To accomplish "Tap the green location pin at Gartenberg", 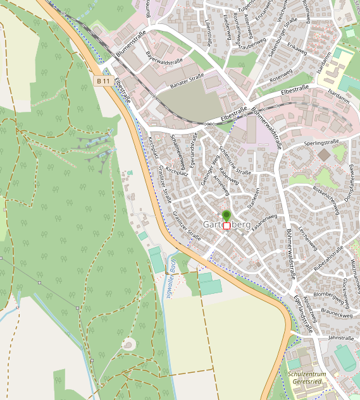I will (x=227, y=215).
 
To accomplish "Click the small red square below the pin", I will (x=227, y=226).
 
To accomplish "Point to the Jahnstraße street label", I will (x=341, y=338).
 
